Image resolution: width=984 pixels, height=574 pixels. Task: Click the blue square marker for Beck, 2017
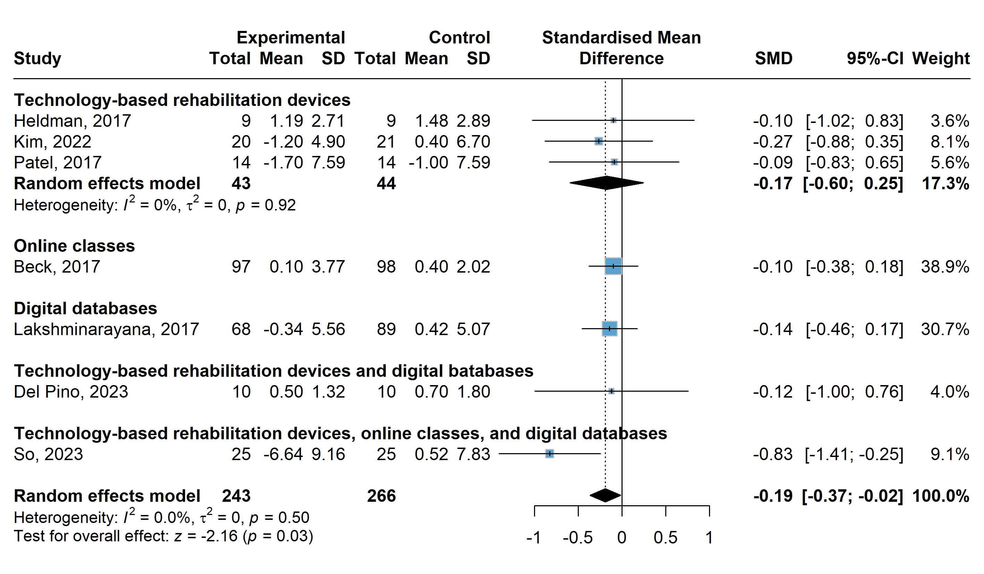coord(613,266)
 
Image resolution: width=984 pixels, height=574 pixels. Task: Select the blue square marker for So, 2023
coord(549,454)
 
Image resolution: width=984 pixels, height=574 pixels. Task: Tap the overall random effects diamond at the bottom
coord(605,496)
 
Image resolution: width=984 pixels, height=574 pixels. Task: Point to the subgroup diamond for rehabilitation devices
coord(607,183)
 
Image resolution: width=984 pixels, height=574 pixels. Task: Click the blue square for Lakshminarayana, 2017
coord(610,329)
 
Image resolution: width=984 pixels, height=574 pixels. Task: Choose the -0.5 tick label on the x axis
coord(577,538)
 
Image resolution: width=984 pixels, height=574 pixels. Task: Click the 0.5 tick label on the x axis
coord(665,538)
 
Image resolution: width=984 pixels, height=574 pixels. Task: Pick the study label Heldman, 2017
coord(72,121)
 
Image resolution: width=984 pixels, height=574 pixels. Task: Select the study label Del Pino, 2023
coord(71,392)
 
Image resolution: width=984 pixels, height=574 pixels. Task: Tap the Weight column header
coord(941,59)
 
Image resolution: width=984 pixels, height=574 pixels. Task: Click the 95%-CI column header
coord(875,59)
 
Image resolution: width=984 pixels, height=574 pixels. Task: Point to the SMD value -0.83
coord(773,454)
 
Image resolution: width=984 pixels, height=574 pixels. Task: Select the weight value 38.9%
coord(945,267)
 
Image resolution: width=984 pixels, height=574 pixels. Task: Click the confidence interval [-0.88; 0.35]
coord(854,142)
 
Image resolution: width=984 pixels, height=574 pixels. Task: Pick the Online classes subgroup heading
coord(74,246)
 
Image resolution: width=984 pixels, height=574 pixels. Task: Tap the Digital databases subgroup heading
coord(85,308)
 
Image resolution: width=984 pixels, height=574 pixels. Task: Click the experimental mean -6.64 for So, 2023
coord(283,454)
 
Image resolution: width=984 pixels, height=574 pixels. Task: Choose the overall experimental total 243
coord(236,496)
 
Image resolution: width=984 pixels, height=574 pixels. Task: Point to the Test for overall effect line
coord(163,536)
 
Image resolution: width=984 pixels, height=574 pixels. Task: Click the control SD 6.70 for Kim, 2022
coord(473,142)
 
